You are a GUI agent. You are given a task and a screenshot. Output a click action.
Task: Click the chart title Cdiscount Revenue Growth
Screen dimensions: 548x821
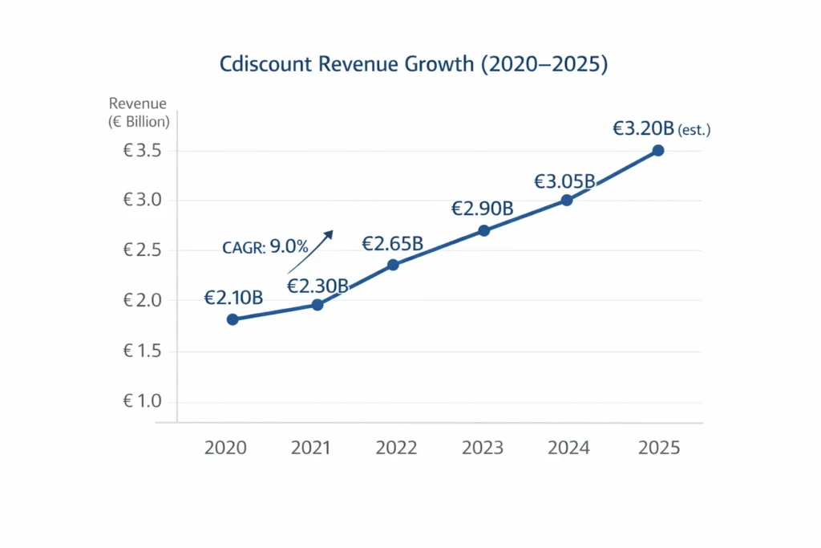tap(413, 65)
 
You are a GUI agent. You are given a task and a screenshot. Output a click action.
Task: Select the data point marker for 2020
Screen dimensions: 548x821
tap(233, 319)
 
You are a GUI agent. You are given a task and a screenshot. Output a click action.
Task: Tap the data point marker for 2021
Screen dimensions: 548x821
tap(317, 305)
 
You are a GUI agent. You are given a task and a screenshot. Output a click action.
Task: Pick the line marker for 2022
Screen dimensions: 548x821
tap(393, 265)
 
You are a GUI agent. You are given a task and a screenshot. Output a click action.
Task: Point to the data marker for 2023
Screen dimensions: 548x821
tap(483, 231)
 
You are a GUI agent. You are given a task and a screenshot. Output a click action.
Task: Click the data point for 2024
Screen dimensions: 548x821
tap(567, 201)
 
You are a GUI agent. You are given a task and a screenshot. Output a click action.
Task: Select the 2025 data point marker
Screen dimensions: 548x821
tap(658, 151)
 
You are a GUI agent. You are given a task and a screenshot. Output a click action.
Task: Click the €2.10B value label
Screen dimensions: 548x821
tap(233, 298)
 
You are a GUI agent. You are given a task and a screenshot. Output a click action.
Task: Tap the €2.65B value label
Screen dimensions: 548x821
tap(392, 243)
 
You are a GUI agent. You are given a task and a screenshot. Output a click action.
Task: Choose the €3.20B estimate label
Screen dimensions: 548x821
tap(643, 128)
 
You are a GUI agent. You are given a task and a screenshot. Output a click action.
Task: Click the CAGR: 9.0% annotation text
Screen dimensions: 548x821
tap(265, 247)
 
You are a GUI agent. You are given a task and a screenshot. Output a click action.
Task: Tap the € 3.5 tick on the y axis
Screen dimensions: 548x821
tap(143, 151)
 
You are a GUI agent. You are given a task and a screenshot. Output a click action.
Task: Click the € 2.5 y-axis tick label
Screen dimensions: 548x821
tap(143, 250)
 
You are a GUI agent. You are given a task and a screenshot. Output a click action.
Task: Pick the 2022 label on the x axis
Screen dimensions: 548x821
tap(396, 448)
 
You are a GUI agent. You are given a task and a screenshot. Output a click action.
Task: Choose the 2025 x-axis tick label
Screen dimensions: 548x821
tap(658, 448)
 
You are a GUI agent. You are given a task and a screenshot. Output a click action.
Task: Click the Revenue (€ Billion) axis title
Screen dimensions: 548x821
tap(138, 112)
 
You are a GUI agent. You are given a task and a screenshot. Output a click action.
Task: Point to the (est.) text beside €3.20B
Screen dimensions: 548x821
tap(694, 130)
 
